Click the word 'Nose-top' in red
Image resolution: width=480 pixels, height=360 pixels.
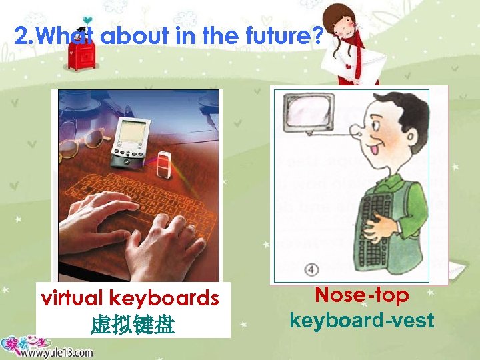pos(361,295)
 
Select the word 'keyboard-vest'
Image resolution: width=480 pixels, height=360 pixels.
pos(361,320)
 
